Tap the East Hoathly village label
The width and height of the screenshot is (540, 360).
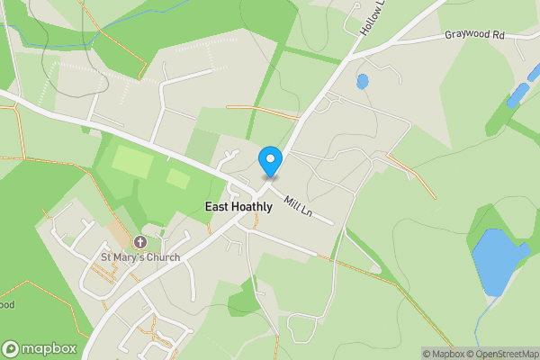pos(238,207)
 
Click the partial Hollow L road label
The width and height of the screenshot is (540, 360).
pos(373,17)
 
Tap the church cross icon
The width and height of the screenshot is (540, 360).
pos(139,243)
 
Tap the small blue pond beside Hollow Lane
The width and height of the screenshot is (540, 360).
pos(362,82)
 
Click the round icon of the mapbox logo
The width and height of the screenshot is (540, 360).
pos(12,349)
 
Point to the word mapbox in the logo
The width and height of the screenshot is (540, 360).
pos(49,349)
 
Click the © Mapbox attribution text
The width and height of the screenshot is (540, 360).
pos(445,354)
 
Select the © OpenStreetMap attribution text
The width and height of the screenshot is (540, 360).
pos(504,354)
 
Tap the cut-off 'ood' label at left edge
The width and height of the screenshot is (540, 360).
pos(6,304)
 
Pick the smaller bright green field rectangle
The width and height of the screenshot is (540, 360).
pos(178,178)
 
